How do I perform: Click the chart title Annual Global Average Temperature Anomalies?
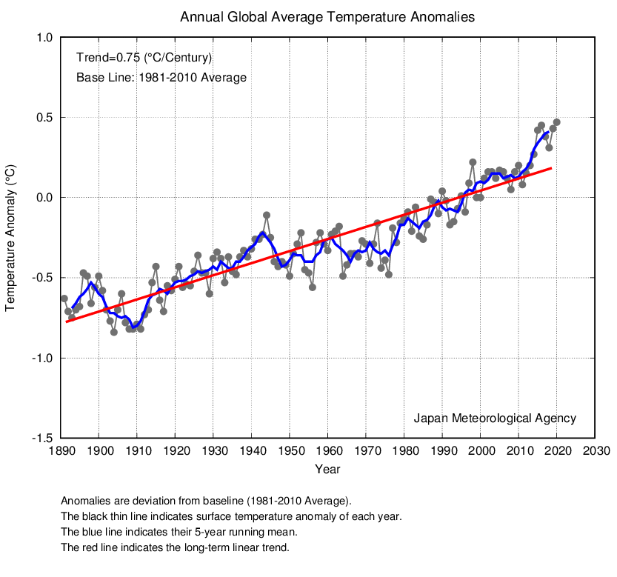point(327,17)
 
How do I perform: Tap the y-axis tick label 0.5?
point(44,117)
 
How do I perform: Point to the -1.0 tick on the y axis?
point(42,358)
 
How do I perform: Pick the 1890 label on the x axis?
point(61,450)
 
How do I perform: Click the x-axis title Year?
point(327,469)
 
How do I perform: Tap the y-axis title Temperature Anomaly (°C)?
point(10,238)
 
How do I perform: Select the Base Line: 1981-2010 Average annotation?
point(161,78)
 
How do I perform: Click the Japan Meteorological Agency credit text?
point(495,418)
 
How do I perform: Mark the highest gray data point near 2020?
point(556,122)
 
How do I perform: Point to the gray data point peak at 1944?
point(267,215)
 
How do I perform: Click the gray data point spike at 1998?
point(473,162)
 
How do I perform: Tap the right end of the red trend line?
point(552,168)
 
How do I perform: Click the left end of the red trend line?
point(66,321)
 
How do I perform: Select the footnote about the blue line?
point(179,532)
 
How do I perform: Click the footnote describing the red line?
point(175,547)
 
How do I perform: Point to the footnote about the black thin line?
point(231,516)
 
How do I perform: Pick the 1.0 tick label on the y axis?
point(44,37)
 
